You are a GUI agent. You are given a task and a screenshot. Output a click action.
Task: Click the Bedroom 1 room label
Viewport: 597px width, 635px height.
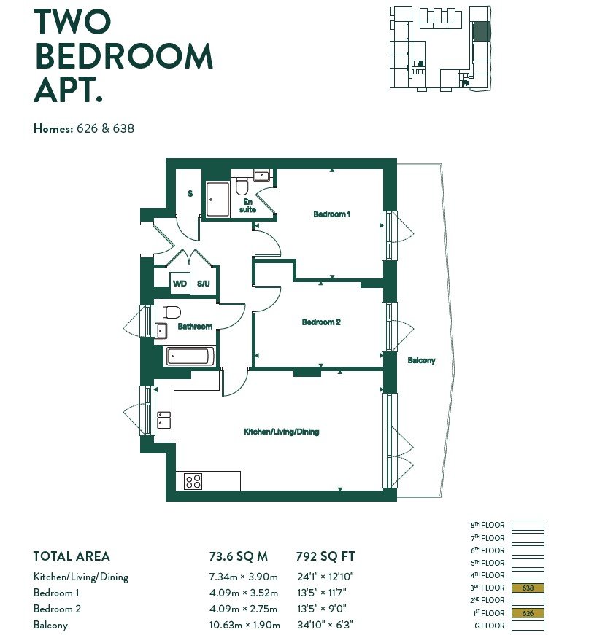point(331,214)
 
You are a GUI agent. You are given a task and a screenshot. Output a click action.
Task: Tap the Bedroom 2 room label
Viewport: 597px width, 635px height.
point(321,322)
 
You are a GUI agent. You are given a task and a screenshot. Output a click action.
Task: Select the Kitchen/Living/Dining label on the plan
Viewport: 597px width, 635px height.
point(281,432)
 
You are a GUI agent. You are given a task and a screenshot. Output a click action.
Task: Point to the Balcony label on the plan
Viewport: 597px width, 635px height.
point(421,360)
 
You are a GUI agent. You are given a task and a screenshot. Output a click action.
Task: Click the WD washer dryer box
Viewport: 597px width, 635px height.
point(180,284)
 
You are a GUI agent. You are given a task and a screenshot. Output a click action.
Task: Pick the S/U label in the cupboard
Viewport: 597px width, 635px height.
point(204,284)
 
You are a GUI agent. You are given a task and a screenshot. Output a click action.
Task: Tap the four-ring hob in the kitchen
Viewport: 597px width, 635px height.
point(193,481)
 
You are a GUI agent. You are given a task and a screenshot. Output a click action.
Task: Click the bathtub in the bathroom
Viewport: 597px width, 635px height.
point(188,357)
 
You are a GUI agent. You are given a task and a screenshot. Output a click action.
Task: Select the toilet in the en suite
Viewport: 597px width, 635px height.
point(242,187)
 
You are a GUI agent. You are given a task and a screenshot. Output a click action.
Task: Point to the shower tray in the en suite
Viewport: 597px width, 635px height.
point(217,199)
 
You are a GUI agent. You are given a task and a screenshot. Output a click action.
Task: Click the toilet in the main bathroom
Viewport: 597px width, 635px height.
point(172,312)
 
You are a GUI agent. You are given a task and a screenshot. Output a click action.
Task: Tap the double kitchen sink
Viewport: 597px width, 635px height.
point(163,420)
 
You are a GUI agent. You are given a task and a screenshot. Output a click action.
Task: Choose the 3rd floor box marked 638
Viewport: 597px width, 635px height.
point(528,588)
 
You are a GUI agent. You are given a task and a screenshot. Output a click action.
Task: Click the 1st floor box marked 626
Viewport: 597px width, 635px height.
point(528,613)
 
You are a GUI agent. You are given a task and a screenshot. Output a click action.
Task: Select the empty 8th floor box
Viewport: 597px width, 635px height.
point(528,525)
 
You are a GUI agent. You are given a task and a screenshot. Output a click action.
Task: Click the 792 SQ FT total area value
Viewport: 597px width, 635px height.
point(326,556)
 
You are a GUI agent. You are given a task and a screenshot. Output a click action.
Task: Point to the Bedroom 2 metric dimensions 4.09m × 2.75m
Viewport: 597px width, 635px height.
point(243,609)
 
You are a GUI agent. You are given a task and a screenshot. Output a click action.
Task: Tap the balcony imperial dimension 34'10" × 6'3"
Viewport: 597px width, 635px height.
point(325,625)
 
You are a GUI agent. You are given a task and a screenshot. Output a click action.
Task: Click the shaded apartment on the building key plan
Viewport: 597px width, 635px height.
point(482,31)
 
